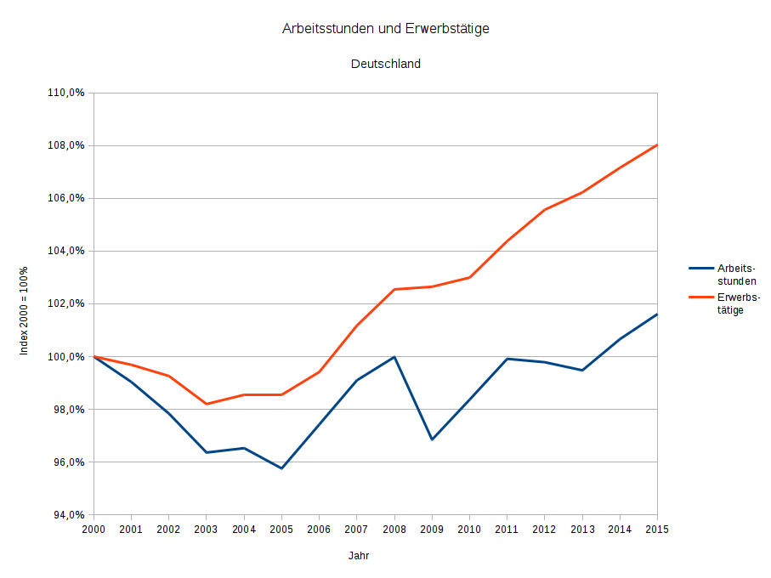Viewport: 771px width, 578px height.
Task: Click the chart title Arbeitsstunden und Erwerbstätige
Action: tap(385, 29)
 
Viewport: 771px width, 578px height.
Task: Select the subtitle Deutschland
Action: tap(385, 64)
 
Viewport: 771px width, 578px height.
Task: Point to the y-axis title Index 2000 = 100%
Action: tap(25, 310)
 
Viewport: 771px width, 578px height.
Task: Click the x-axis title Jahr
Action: tap(359, 556)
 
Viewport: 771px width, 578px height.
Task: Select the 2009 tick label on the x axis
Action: tap(432, 530)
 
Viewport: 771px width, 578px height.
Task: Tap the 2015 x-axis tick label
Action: tap(657, 530)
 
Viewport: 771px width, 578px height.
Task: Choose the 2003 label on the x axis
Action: tap(207, 530)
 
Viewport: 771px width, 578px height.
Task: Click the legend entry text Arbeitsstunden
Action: tap(736, 274)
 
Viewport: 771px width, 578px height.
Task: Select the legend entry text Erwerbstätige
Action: tap(736, 303)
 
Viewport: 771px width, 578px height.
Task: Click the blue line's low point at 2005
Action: tap(281, 468)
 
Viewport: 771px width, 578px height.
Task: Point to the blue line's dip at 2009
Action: tap(432, 439)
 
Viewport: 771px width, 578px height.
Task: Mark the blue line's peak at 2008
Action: tap(394, 357)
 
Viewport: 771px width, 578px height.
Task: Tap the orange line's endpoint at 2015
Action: tap(657, 145)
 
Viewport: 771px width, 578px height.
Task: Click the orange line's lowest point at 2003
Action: tap(207, 404)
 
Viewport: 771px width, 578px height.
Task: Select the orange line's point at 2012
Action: tap(544, 210)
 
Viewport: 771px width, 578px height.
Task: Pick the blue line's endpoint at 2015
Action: tap(657, 314)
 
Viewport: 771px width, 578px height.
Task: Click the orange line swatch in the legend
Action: tap(700, 297)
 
